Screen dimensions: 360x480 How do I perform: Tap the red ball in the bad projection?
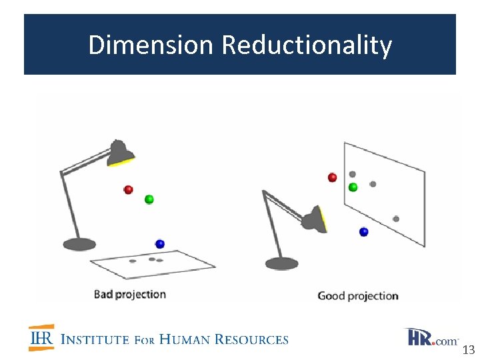click(128, 190)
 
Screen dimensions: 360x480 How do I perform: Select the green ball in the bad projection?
click(149, 199)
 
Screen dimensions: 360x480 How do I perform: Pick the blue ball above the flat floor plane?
click(159, 244)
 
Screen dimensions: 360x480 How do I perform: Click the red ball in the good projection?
click(332, 177)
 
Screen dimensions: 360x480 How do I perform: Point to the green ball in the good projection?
click(353, 187)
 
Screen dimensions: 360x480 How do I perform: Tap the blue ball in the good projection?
click(363, 232)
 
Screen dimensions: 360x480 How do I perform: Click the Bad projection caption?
click(129, 294)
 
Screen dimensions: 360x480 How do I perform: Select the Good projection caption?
click(357, 295)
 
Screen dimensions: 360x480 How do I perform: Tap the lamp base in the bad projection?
click(79, 245)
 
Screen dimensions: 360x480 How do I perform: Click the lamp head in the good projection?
click(314, 218)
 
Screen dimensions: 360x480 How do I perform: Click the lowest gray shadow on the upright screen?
click(396, 219)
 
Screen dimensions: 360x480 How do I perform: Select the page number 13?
click(468, 350)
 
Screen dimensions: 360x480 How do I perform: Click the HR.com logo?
click(431, 337)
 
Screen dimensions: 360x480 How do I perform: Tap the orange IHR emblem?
click(41, 338)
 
